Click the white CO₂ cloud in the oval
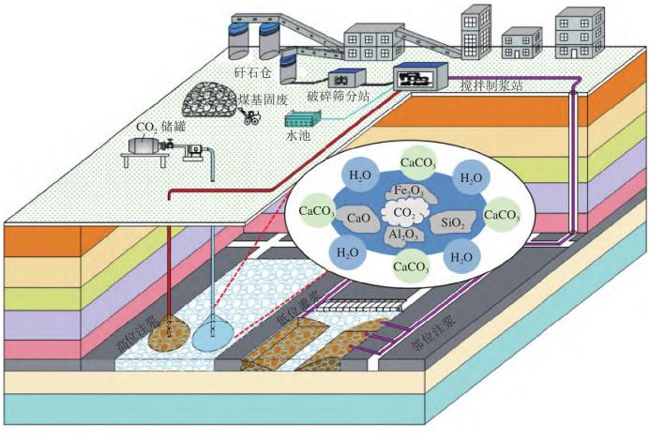[x=401, y=213]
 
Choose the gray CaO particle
[x=355, y=218]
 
